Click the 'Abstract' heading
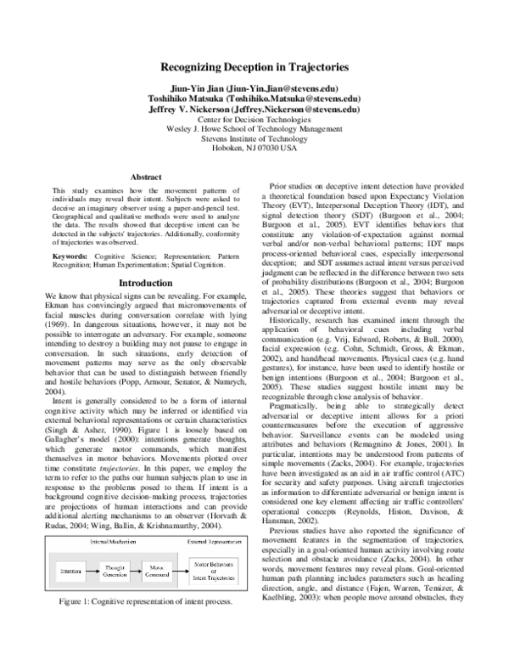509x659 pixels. (x=146, y=177)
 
